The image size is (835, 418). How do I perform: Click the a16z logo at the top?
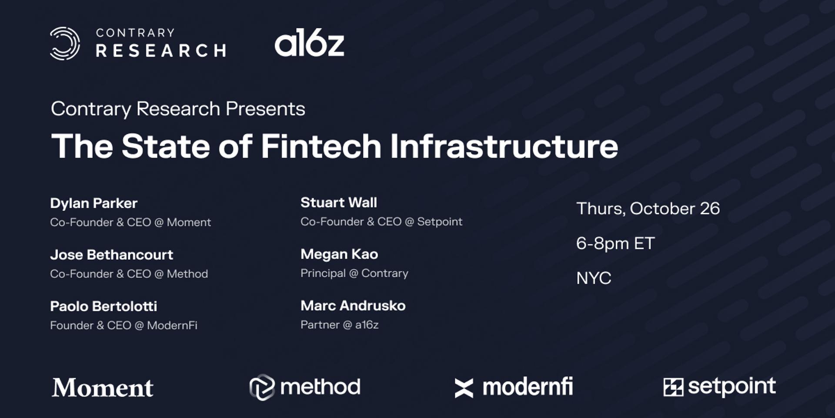[309, 43]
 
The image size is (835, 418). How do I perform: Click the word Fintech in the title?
[321, 146]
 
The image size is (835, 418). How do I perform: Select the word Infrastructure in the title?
[504, 146]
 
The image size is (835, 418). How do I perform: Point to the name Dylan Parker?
[94, 203]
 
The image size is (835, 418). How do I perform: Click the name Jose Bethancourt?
[111, 255]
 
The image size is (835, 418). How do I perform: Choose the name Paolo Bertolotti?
[104, 306]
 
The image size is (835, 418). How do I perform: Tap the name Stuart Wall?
[339, 202]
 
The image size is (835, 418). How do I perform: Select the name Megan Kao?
[339, 254]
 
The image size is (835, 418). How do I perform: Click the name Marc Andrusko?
[353, 306]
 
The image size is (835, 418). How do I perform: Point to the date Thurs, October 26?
[648, 209]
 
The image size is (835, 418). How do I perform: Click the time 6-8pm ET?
[615, 244]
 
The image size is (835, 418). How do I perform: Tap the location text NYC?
[594, 278]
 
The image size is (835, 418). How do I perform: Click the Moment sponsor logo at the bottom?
[103, 388]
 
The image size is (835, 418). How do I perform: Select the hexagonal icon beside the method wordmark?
[262, 387]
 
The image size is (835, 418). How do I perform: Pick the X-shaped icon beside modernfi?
[464, 388]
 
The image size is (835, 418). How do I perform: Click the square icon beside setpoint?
[673, 387]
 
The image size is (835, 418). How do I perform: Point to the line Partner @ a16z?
[339, 325]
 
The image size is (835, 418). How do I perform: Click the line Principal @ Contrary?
[354, 273]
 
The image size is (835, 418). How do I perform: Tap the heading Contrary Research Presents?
[178, 109]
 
